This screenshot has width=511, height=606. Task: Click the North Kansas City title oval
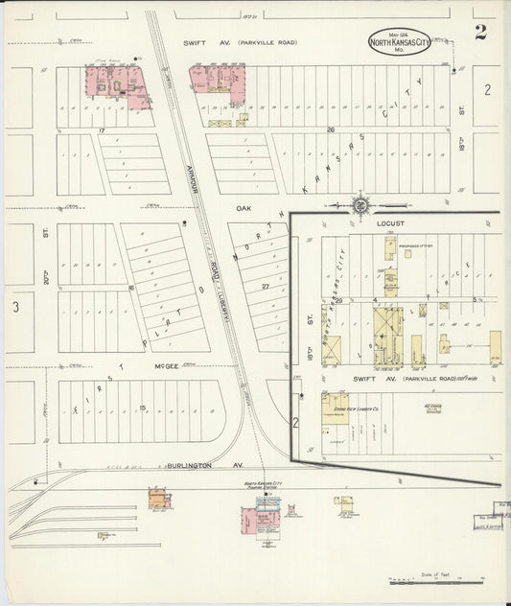tap(400, 41)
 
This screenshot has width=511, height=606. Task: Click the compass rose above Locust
tap(361, 203)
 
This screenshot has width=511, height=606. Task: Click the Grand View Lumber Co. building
tap(336, 408)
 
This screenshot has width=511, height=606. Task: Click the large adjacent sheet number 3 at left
tap(15, 307)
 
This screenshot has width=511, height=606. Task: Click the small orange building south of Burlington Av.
tap(159, 499)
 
